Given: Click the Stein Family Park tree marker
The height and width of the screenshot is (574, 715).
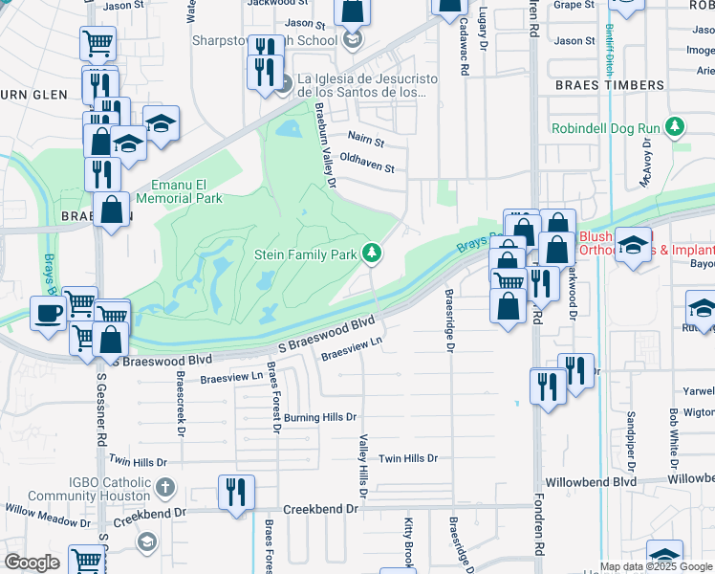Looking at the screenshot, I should [372, 254].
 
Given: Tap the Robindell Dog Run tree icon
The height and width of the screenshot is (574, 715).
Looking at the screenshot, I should [675, 127].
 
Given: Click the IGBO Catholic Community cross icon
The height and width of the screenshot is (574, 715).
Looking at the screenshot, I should [165, 485].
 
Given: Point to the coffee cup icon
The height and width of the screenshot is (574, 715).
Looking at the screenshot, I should [47, 312].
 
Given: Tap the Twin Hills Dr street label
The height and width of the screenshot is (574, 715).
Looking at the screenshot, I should [413, 459].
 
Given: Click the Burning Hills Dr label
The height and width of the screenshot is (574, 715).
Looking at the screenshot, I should [319, 417].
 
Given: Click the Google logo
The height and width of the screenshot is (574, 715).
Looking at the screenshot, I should [32, 563].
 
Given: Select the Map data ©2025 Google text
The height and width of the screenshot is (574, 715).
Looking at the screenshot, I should [654, 566].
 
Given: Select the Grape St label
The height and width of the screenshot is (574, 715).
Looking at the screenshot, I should [574, 5].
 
